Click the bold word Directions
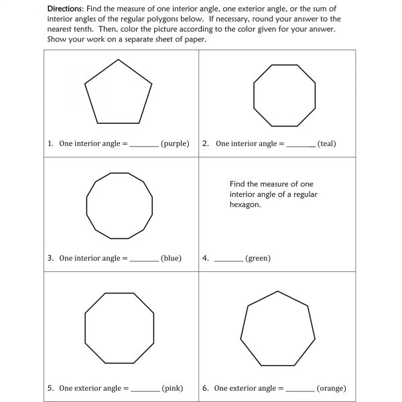point(66,8)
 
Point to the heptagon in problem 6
point(277,329)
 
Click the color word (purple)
point(175,143)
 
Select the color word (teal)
point(327,143)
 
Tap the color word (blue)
point(171,258)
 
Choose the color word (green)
point(258,258)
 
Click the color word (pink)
point(172,388)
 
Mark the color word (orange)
point(330,388)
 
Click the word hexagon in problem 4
point(245,205)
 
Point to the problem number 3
point(50,258)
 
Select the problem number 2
point(206,143)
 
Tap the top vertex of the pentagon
point(119,60)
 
